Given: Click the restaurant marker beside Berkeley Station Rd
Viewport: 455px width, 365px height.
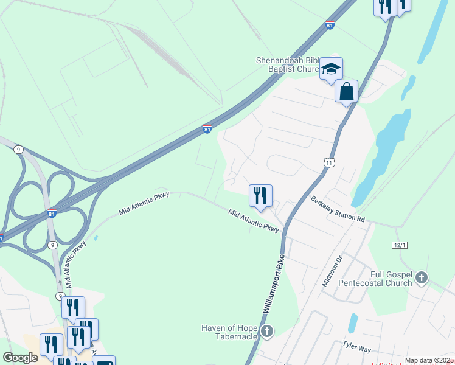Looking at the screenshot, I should tap(260, 196).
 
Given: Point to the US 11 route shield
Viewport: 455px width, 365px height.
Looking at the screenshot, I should tap(329, 162).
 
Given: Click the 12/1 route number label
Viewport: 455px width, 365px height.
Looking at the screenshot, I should tap(399, 244).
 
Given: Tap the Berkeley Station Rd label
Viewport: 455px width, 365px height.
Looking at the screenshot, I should tap(338, 209).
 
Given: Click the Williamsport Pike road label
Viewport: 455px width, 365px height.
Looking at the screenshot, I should tap(274, 284).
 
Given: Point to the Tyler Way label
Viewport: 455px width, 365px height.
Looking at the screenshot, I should tap(356, 346).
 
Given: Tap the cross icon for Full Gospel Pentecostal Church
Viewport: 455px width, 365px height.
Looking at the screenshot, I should tap(423, 279).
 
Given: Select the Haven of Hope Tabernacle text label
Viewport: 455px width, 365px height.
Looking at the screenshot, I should tap(229, 333).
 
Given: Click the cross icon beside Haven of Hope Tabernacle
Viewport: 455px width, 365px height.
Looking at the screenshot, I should tap(266, 332).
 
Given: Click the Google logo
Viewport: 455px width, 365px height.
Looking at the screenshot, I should tap(20, 358).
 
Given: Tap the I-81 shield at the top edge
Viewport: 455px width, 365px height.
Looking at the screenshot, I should tap(330, 26).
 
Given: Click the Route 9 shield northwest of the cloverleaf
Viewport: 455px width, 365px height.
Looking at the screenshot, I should tap(19, 149).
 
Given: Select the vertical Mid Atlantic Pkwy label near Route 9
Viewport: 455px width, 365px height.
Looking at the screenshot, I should tap(76, 265).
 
